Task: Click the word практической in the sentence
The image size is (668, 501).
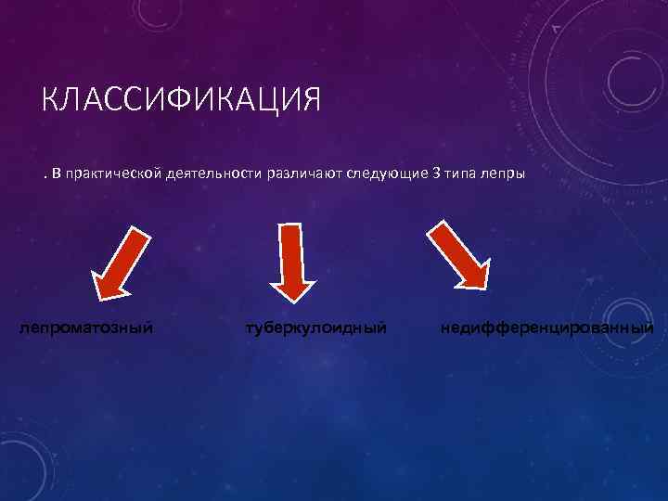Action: click(x=113, y=174)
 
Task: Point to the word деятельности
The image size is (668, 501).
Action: click(x=213, y=174)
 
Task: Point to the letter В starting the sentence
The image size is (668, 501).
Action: click(x=57, y=174)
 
